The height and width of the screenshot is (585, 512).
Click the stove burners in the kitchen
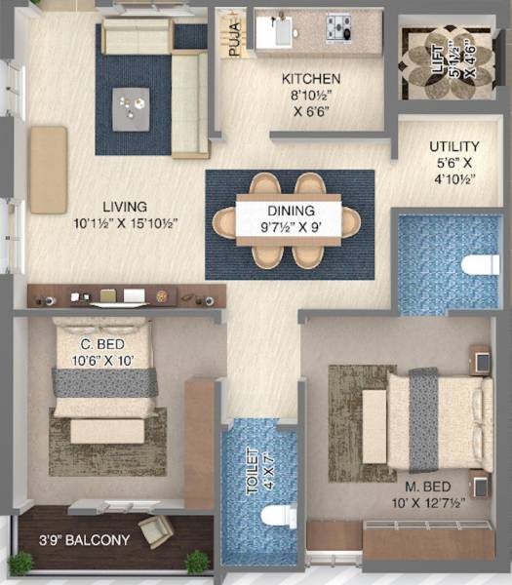pos(339,26)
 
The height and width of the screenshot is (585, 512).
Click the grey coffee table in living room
pos(130,107)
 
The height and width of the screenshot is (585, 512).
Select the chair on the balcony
pos(156,530)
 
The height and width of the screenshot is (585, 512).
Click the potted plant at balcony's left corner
pos(20,563)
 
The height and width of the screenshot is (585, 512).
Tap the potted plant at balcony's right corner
pos(198,562)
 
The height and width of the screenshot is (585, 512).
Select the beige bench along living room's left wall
pos(48,170)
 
